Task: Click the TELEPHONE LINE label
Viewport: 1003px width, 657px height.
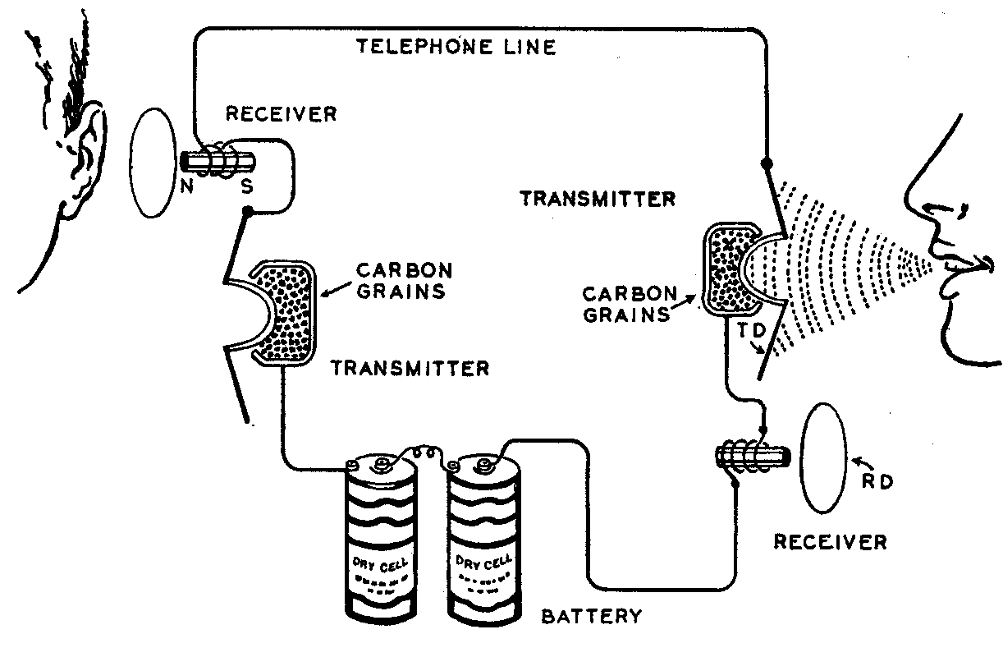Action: tap(456, 47)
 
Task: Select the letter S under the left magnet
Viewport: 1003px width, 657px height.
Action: tap(247, 187)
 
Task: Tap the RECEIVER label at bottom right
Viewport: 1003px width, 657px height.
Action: tap(831, 542)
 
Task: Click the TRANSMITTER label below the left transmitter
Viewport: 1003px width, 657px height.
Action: tap(410, 369)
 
